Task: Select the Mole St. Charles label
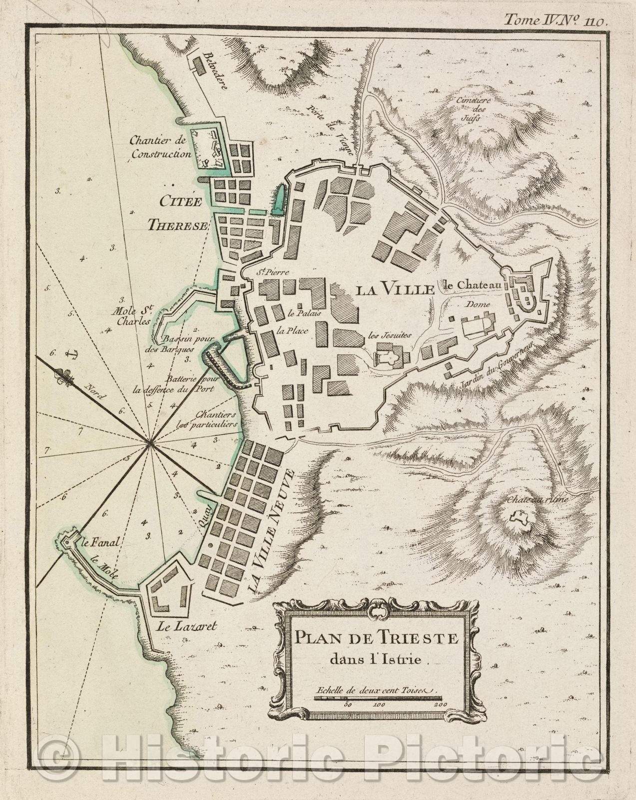pyautogui.click(x=132, y=317)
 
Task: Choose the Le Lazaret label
pyautogui.click(x=182, y=625)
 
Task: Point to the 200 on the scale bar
pyautogui.click(x=440, y=704)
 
